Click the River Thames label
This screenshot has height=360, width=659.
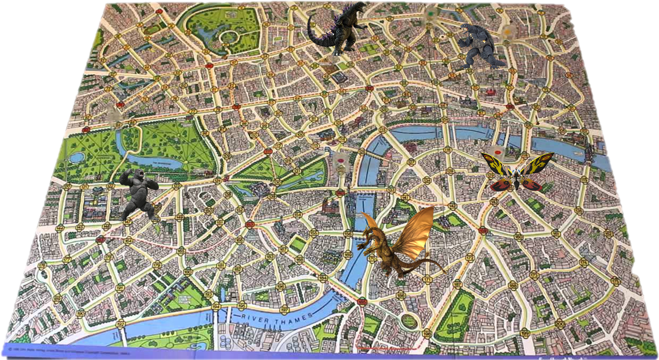277,319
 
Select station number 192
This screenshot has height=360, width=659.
120,323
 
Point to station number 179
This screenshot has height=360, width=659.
157,265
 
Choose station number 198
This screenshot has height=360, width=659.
426,333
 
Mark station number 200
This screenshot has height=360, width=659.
560,323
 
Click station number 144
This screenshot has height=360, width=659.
60,228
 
